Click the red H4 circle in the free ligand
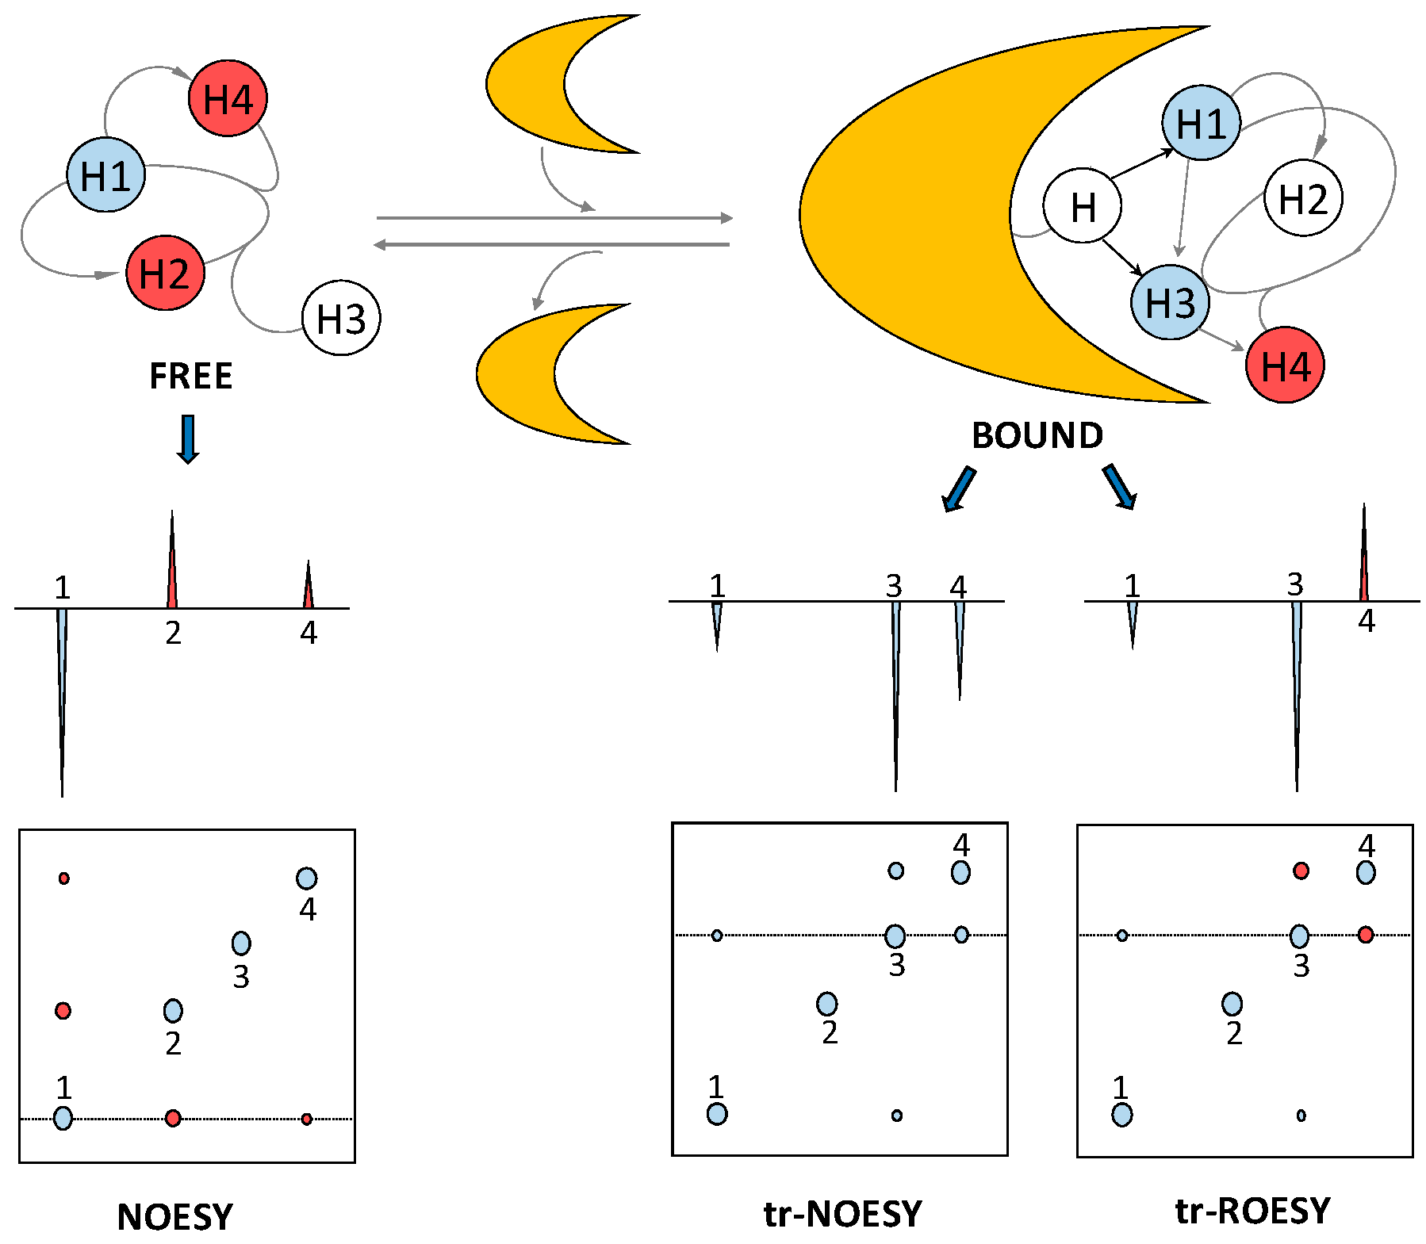click(228, 98)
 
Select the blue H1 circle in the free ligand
click(105, 175)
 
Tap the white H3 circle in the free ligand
click(341, 318)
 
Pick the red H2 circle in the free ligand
click(165, 273)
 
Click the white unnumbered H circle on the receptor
click(1082, 206)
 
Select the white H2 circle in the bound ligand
click(1303, 198)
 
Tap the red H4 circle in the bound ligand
click(1285, 366)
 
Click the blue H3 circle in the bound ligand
click(1170, 302)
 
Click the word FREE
click(191, 376)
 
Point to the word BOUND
click(1037, 435)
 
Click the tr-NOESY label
click(842, 1214)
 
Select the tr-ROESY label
click(1252, 1211)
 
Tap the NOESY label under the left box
click(175, 1217)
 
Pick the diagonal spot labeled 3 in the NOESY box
click(241, 943)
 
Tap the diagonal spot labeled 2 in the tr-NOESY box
click(826, 1004)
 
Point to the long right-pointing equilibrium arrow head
click(726, 217)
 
